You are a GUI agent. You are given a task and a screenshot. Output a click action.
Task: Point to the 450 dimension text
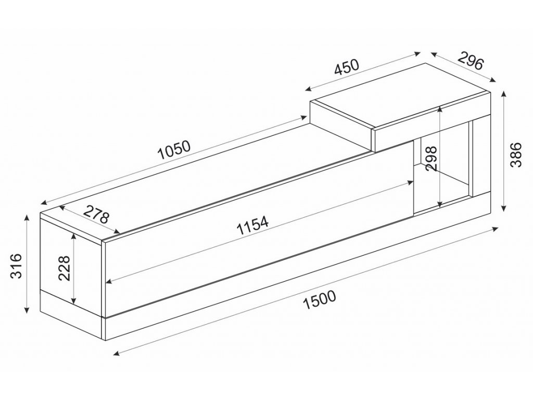tap(347, 67)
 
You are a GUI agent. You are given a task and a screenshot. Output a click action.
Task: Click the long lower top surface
tap(208, 180)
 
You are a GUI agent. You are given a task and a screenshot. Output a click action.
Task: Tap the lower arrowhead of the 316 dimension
tap(26, 310)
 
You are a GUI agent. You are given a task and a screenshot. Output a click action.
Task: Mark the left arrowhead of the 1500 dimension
tap(116, 353)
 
